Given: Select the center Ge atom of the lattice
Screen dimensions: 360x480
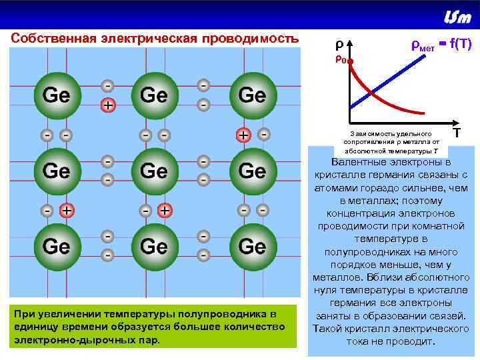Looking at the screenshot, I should coord(154,171).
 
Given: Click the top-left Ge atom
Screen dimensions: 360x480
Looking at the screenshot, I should coord(56,95).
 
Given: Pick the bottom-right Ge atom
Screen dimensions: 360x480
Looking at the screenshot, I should coord(251,247).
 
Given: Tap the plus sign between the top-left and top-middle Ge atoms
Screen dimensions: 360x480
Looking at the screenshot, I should coord(107,105).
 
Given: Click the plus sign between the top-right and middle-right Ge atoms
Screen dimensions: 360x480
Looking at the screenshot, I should coord(245,135).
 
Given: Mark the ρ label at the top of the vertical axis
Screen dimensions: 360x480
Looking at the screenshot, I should coord(339,45).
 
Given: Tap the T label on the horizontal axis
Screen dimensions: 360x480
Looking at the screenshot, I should coord(457,133).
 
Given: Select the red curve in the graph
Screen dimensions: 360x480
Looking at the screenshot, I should coord(380,101).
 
